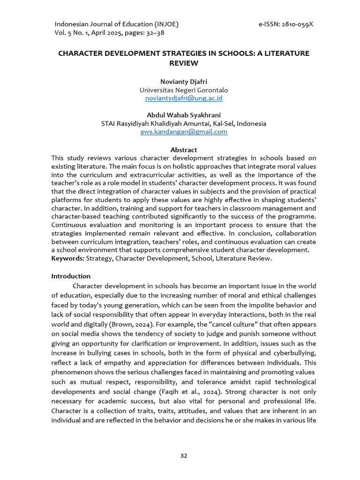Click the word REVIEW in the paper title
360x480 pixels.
(x=184, y=63)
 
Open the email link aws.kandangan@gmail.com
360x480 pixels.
(x=184, y=132)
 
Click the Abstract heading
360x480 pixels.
(x=184, y=150)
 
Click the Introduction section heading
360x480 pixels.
(x=71, y=276)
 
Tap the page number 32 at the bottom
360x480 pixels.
(x=184, y=455)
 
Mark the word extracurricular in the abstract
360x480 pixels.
(x=132, y=175)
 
